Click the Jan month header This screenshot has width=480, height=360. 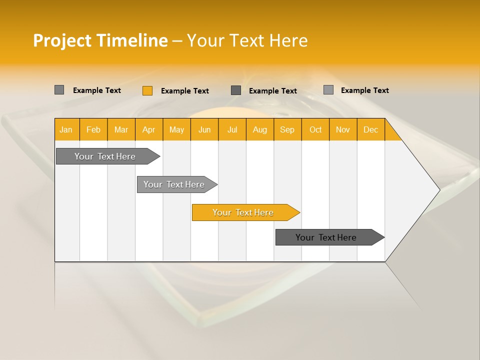66,129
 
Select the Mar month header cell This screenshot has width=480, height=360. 121,129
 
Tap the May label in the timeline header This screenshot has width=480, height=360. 176,129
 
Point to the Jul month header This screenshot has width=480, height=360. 232,129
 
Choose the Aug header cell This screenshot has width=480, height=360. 259,129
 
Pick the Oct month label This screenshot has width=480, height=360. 315,129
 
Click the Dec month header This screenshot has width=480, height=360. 370,129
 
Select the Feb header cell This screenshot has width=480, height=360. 93,129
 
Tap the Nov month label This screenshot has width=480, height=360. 343,129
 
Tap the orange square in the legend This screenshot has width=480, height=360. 147,90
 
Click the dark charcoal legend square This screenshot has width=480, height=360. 236,90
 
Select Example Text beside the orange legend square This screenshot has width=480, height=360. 185,91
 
